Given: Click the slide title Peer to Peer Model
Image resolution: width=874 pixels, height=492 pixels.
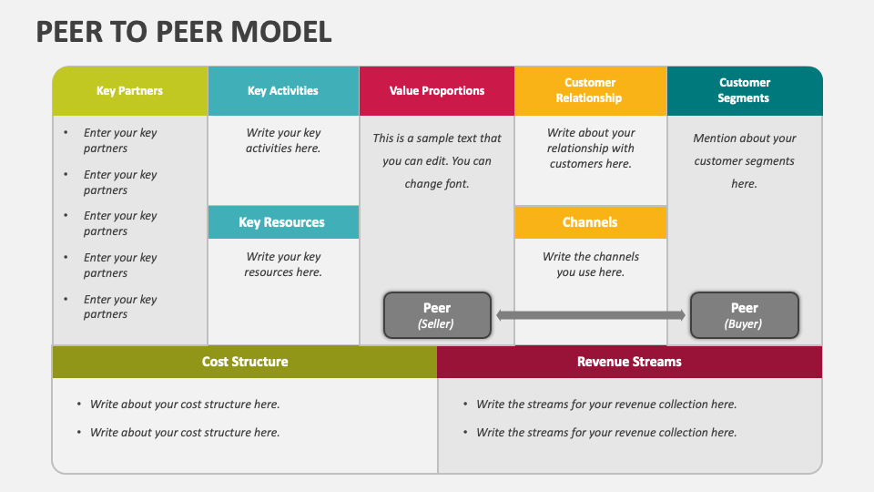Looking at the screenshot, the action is (x=184, y=32).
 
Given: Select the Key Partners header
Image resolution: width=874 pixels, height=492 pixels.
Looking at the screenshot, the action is (x=130, y=91).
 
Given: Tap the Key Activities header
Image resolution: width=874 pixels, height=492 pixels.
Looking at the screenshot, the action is (x=283, y=91).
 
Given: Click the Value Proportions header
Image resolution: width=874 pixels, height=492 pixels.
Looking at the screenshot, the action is (x=437, y=91).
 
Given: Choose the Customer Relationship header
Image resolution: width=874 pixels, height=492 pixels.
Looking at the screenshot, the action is (x=590, y=91).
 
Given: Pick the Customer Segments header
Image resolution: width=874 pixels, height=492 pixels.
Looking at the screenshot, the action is (x=745, y=91).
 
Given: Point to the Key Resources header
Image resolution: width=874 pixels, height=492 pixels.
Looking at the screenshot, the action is (x=283, y=222).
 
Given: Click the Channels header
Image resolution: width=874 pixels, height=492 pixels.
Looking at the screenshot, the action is (x=590, y=222).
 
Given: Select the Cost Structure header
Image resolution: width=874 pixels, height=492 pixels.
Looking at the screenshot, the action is (x=245, y=362).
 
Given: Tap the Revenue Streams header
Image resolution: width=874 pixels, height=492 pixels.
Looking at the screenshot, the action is (x=630, y=362).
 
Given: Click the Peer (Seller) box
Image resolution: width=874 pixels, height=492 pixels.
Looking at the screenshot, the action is (x=437, y=315).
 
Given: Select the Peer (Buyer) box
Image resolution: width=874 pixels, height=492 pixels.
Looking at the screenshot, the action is (x=745, y=315).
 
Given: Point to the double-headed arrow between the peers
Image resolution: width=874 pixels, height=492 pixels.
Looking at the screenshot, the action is (x=591, y=315).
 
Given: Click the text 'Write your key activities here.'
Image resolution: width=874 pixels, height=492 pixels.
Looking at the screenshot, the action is (x=283, y=140).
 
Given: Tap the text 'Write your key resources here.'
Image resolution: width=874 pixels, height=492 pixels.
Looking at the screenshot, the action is (x=283, y=264).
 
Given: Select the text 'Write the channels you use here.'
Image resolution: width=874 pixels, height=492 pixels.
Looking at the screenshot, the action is (x=591, y=264).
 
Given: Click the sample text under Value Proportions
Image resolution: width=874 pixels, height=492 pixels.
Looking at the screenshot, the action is (x=437, y=160).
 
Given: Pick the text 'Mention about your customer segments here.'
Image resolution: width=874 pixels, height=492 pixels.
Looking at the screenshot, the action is (x=745, y=160).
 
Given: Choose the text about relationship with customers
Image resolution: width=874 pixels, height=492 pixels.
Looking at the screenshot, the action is (x=591, y=149).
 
